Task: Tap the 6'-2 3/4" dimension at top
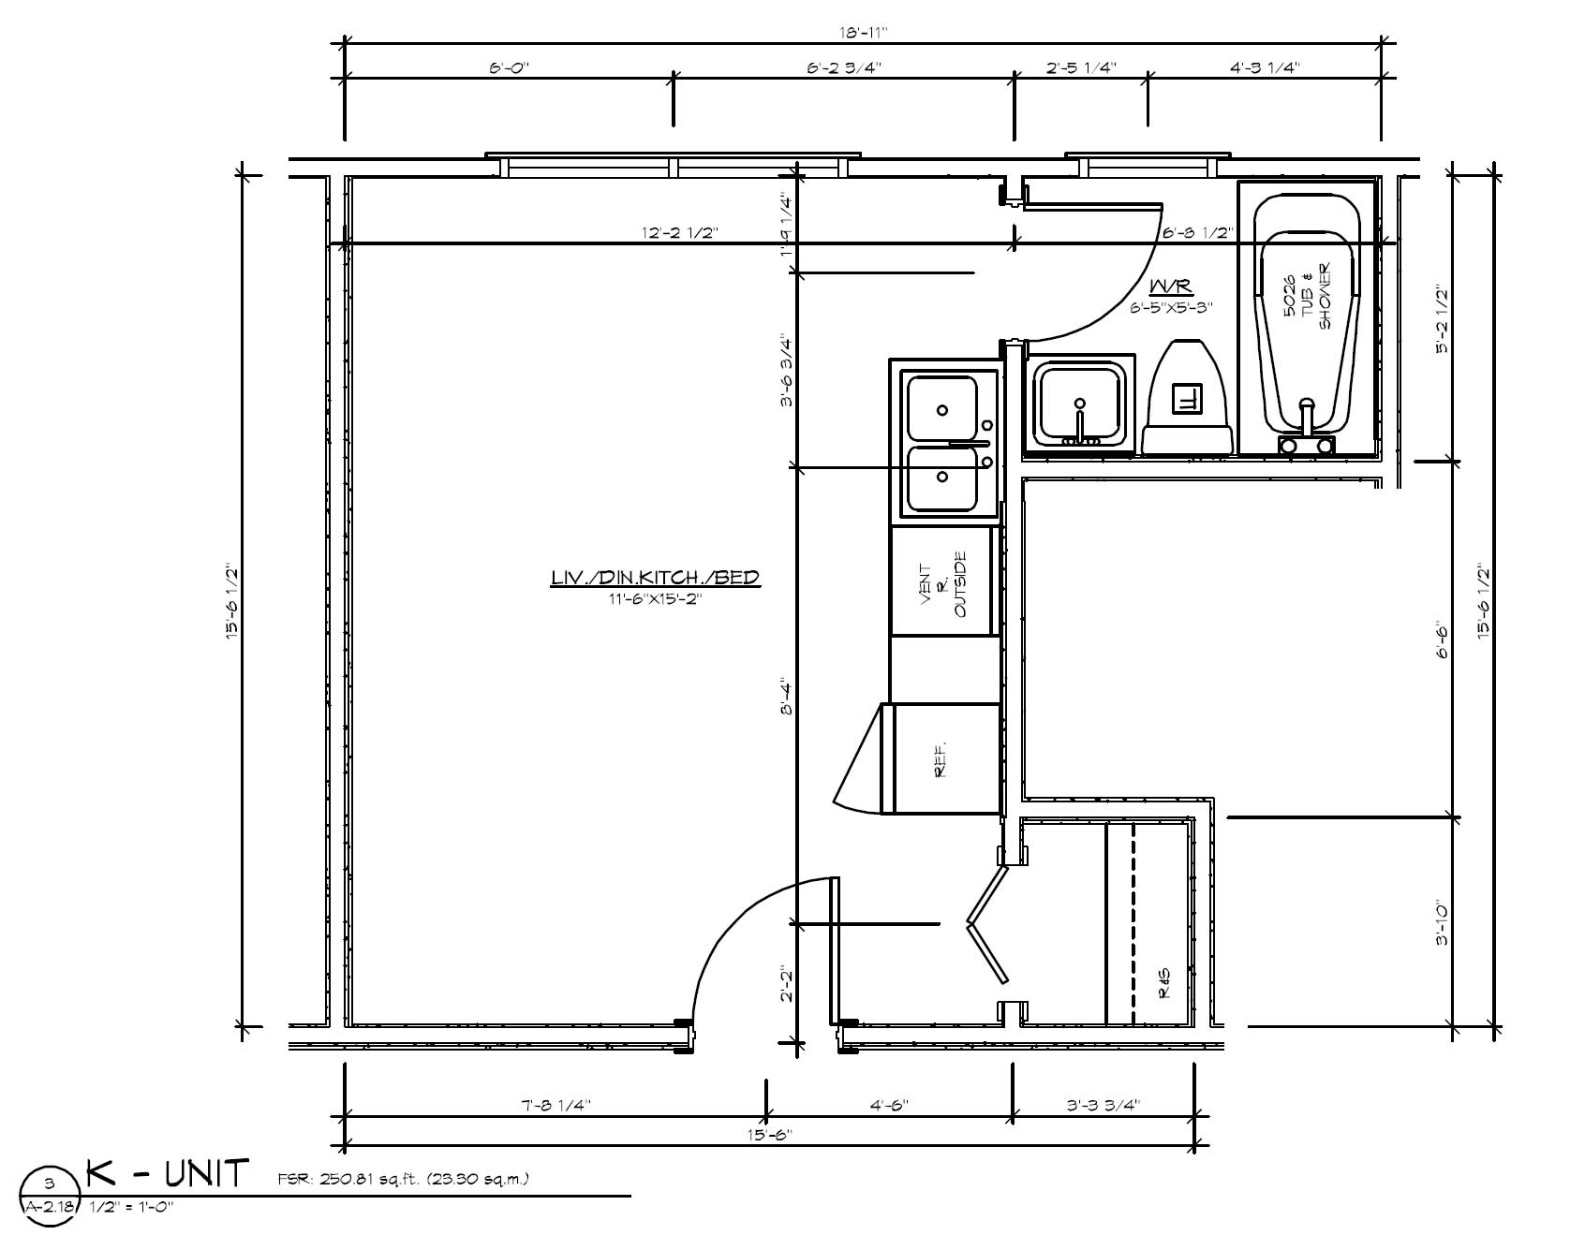coord(843,67)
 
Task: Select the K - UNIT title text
coord(169,1173)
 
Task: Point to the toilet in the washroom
coord(1186,399)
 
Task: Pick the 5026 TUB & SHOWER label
coord(1308,296)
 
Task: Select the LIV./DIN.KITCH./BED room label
coord(655,579)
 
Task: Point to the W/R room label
coord(1171,286)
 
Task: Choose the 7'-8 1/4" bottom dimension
coord(555,1105)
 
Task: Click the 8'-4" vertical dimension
coord(787,698)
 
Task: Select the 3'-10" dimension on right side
coord(1443,922)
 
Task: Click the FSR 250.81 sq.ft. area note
coord(403,1178)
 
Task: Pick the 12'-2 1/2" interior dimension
coord(681,232)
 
